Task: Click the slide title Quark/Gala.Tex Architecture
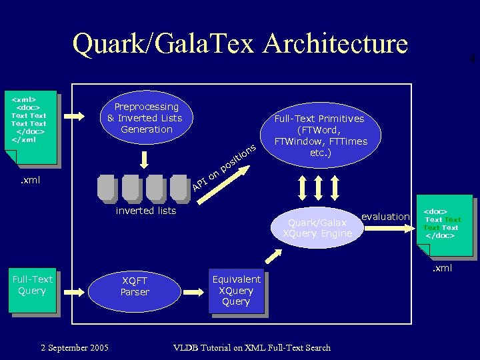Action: pyautogui.click(x=240, y=44)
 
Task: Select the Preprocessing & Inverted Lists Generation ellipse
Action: pyautogui.click(x=147, y=118)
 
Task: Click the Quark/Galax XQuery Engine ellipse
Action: pyautogui.click(x=317, y=228)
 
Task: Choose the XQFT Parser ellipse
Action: pyautogui.click(x=135, y=287)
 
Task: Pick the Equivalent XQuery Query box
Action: pyautogui.click(x=236, y=291)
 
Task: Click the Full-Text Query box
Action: pyautogui.click(x=32, y=291)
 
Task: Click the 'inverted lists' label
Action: pyautogui.click(x=146, y=211)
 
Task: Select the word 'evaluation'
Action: pyautogui.click(x=385, y=216)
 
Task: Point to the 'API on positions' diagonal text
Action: pyautogui.click(x=223, y=165)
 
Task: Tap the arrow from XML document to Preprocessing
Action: pyautogui.click(x=75, y=117)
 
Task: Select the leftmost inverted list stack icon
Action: pyautogui.click(x=107, y=187)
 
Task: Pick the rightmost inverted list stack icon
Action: pyautogui.click(x=179, y=187)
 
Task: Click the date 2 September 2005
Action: pyautogui.click(x=75, y=347)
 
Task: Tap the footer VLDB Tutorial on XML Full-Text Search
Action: pyautogui.click(x=251, y=347)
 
